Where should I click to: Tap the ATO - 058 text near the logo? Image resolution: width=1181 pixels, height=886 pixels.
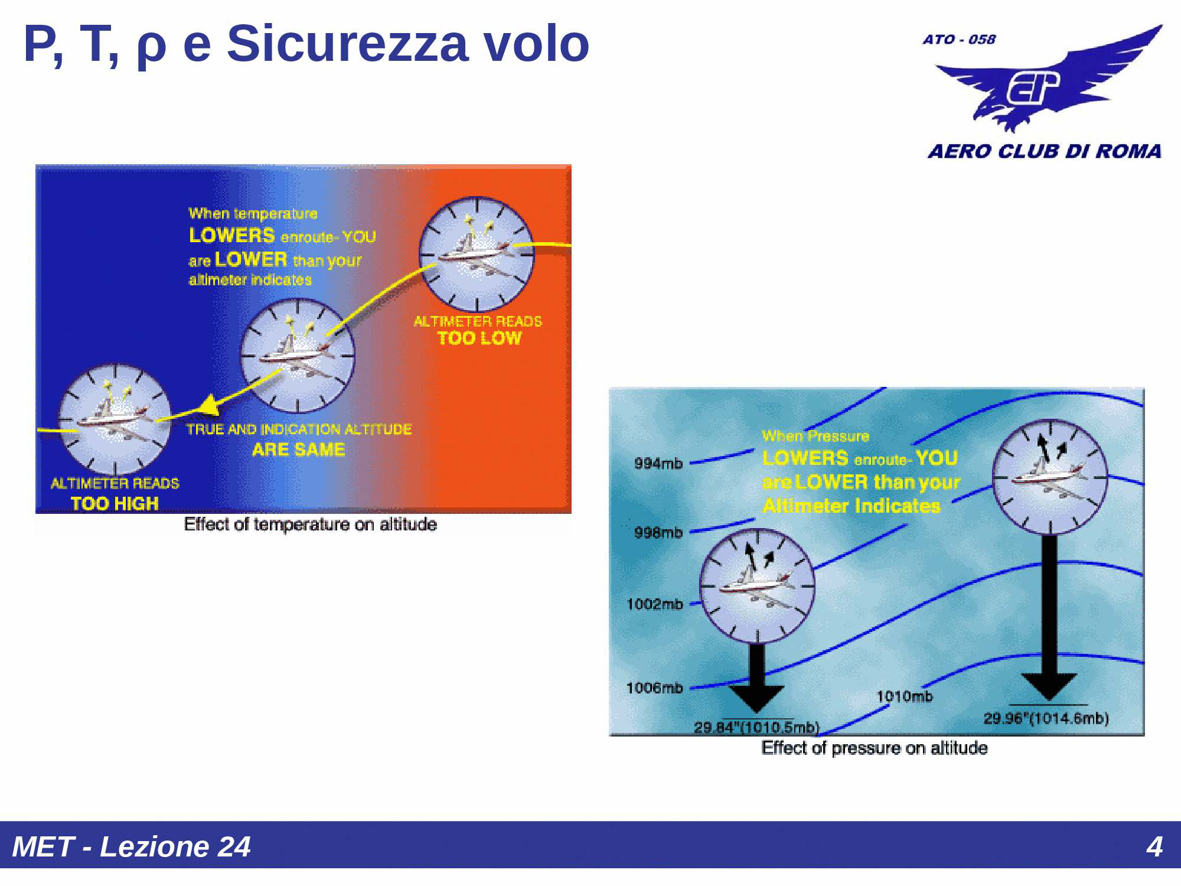pyautogui.click(x=959, y=40)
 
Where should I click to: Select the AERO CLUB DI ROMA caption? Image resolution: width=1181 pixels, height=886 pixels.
pyautogui.click(x=1044, y=151)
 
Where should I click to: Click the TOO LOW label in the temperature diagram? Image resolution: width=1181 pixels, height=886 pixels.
pyautogui.click(x=479, y=338)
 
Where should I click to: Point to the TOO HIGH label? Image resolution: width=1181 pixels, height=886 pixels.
pyautogui.click(x=115, y=503)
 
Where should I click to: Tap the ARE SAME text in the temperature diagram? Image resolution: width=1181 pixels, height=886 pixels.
pyautogui.click(x=298, y=449)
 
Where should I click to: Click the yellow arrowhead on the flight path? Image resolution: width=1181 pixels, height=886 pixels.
pyautogui.click(x=208, y=406)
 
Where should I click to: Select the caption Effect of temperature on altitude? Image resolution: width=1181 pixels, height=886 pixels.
pyautogui.click(x=310, y=524)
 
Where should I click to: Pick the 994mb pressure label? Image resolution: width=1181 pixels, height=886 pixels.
pyautogui.click(x=658, y=463)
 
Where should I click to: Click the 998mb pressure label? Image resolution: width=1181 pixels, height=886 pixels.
pyautogui.click(x=658, y=532)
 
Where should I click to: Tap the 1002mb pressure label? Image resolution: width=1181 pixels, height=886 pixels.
pyautogui.click(x=654, y=604)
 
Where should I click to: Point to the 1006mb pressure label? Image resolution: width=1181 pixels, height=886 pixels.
pyautogui.click(x=654, y=688)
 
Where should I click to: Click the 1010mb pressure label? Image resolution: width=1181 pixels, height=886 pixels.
pyautogui.click(x=904, y=696)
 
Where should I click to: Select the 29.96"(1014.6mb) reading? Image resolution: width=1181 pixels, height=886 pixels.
pyautogui.click(x=1046, y=718)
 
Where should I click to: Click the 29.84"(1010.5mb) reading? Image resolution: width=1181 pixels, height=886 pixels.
pyautogui.click(x=756, y=727)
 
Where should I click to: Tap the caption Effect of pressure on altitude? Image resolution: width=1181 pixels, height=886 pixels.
pyautogui.click(x=874, y=748)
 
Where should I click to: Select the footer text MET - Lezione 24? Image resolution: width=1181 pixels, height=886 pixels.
pyautogui.click(x=131, y=846)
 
